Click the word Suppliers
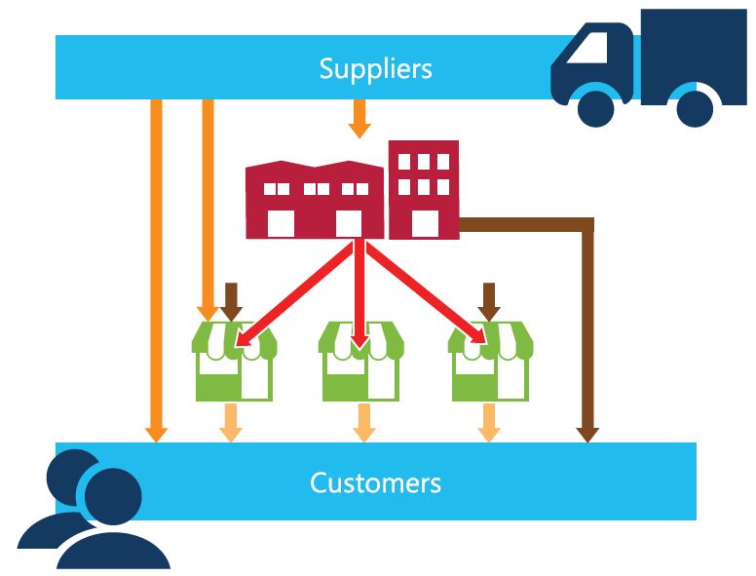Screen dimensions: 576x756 375,68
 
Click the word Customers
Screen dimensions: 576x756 375,482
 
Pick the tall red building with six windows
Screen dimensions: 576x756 424,190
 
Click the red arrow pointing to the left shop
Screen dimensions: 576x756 292,292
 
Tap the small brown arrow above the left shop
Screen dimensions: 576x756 231,300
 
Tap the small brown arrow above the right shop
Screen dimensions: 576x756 489,300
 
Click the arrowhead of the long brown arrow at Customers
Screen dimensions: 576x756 586,433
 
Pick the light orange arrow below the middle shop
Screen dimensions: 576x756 359,421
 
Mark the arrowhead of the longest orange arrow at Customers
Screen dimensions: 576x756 156,433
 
